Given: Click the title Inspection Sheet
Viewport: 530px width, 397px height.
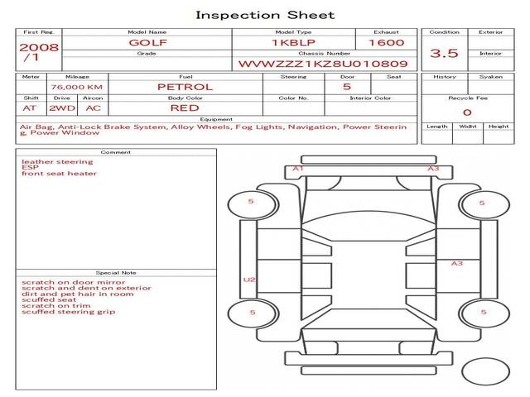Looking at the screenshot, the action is [265, 15].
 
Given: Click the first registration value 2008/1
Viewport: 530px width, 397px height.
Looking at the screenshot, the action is [39, 52].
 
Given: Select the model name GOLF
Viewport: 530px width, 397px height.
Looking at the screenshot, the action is [147, 43].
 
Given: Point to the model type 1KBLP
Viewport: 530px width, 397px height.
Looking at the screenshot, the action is [293, 43].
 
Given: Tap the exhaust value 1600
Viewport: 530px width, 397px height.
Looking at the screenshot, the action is [387, 42].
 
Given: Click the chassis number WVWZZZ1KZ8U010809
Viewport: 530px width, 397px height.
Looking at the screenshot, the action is [323, 64].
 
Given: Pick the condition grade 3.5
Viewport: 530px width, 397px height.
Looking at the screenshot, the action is [444, 53].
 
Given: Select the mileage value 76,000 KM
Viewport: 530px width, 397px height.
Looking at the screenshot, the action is [77, 87].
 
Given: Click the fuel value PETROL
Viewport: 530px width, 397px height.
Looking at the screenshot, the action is [185, 87].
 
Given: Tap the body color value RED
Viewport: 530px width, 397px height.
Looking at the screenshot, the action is [185, 108].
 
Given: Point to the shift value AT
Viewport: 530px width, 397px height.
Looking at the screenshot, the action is [30, 108].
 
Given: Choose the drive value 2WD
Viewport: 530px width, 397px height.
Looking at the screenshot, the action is [62, 108].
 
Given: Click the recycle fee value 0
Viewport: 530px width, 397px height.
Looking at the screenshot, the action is [467, 112].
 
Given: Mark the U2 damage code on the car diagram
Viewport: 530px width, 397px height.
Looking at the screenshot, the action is [249, 280].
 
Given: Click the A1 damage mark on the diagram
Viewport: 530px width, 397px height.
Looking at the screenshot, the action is [298, 168].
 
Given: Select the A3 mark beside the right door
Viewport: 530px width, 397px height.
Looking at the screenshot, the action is [457, 263].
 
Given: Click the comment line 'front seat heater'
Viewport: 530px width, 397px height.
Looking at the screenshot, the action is [59, 174].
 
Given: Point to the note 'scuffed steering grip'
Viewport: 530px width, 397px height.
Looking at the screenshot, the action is [68, 312].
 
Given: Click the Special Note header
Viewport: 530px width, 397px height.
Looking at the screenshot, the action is [116, 273].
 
